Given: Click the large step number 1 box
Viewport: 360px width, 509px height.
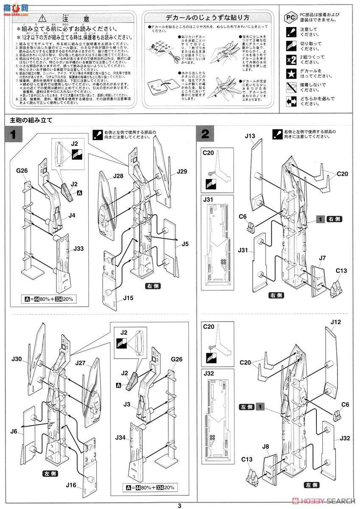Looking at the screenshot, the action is click(13, 135).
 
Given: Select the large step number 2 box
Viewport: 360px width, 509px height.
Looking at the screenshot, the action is click(205, 135).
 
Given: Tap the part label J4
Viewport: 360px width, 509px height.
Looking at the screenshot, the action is click(72, 215).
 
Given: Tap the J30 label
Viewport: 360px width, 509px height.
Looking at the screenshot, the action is click(17, 359).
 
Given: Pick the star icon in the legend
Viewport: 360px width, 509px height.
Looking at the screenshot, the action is click(289, 73).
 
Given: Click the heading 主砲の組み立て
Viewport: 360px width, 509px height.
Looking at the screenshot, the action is click(31, 120).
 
